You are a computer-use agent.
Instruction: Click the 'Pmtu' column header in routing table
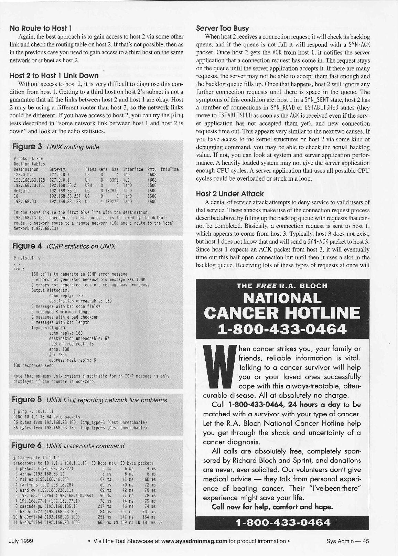click(x=152, y=169)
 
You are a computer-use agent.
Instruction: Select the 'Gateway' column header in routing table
click(x=57, y=169)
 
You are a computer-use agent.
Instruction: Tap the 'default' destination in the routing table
click(x=21, y=191)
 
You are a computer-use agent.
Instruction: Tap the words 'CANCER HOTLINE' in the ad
click(x=282, y=313)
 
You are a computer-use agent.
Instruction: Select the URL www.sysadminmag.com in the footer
click(x=194, y=541)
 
